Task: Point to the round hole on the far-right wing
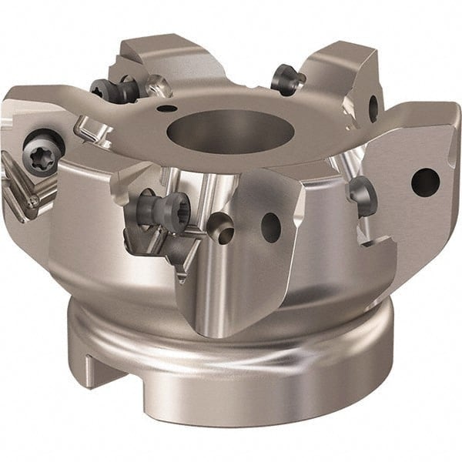[425, 181]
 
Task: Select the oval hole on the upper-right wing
[373, 107]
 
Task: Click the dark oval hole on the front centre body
[270, 226]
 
